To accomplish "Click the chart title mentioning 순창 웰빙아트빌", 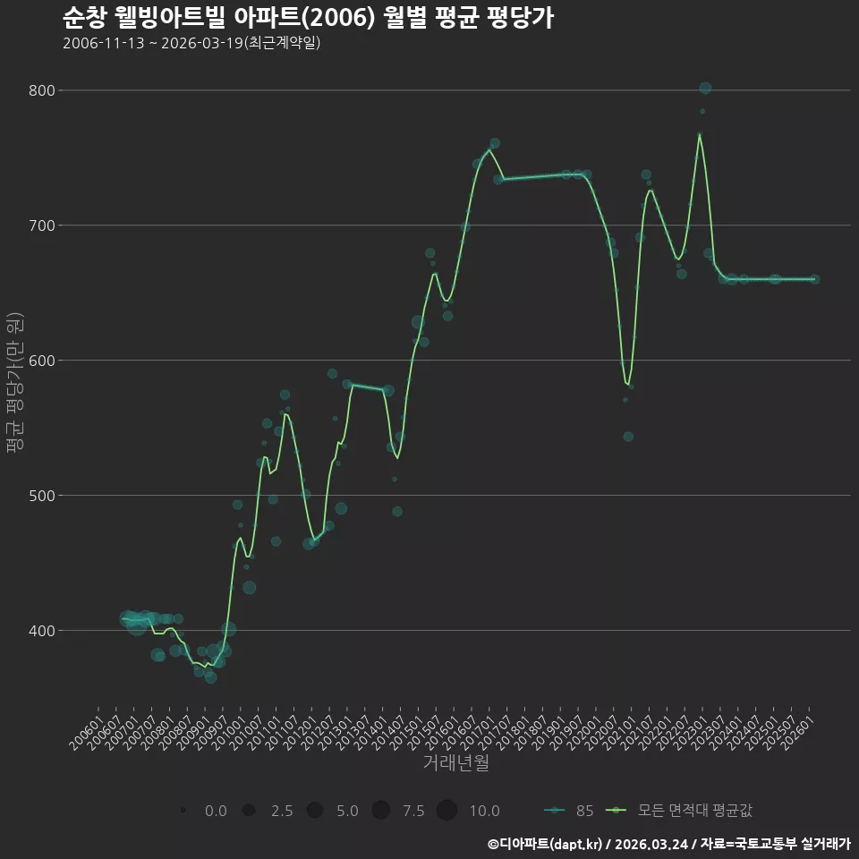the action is tap(308, 17).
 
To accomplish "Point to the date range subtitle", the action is tap(191, 43).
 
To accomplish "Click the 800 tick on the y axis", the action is tap(42, 90).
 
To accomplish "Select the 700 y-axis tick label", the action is tap(42, 225).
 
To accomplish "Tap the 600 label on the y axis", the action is tap(42, 361).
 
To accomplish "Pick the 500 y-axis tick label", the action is tap(42, 495).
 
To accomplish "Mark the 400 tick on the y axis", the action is tap(42, 631).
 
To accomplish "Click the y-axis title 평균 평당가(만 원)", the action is tap(14, 382).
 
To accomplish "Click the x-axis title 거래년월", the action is tap(455, 762).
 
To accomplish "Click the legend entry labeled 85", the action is tap(569, 811).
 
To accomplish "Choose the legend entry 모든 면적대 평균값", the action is tap(679, 811).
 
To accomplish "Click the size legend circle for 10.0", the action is tap(447, 810).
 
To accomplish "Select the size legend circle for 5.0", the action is tap(314, 810).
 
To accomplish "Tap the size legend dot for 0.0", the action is tap(183, 810).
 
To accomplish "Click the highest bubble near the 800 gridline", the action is tap(705, 88).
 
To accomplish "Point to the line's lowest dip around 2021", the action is tap(627, 384).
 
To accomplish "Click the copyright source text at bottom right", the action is tap(668, 844).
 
